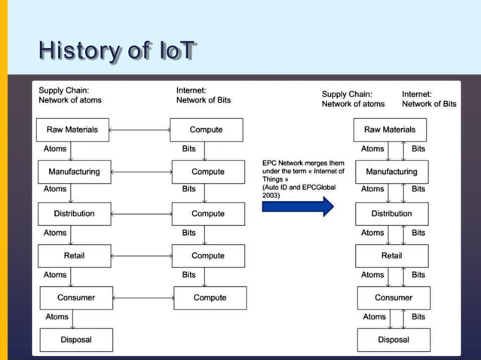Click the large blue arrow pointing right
298,206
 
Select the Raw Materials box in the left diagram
72,130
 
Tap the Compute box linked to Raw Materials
206,130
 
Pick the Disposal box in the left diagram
75,340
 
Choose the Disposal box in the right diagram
394,340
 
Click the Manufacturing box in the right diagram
392,172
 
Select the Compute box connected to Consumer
210,297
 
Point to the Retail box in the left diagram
74,256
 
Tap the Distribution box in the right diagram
392,214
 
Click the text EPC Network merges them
302,163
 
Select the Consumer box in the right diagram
394,297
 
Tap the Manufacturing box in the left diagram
74,172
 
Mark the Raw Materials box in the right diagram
389,130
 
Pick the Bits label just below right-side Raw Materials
418,149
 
